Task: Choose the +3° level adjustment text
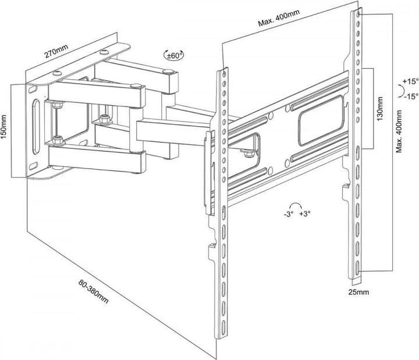tap(304, 213)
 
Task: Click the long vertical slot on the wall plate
tap(36, 124)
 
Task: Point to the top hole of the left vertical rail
tap(224, 73)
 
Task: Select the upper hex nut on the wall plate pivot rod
tap(56, 106)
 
